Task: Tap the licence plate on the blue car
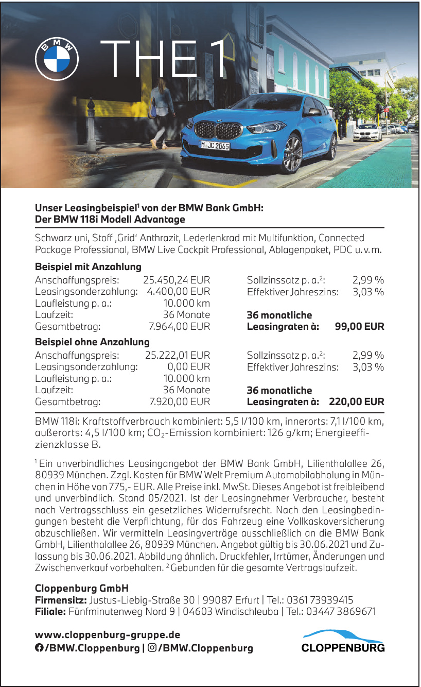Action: (214, 146)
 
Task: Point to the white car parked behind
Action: (367, 132)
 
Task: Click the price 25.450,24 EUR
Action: (177, 280)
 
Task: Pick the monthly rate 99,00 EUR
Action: (359, 327)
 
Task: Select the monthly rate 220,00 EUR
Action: (356, 401)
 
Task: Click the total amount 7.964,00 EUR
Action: (179, 326)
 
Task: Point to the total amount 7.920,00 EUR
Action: (179, 401)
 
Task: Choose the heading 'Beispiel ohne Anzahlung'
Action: (92, 342)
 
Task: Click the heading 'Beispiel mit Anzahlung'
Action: (88, 267)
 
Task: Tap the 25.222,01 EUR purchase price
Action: (178, 355)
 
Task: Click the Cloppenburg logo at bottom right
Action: (343, 641)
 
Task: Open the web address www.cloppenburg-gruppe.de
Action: (108, 634)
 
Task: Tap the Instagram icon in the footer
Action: (152, 648)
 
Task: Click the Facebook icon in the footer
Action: (39, 648)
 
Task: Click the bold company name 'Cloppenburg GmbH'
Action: (81, 588)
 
